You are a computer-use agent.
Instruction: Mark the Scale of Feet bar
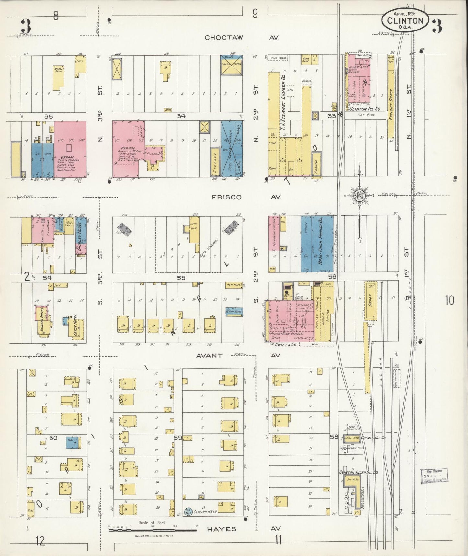pos(152,530)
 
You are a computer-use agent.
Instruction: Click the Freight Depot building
pos(391,101)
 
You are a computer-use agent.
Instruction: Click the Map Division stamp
pos(434,475)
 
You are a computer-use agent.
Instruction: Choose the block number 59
pos(178,438)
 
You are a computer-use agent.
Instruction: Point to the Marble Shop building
pos(58,78)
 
